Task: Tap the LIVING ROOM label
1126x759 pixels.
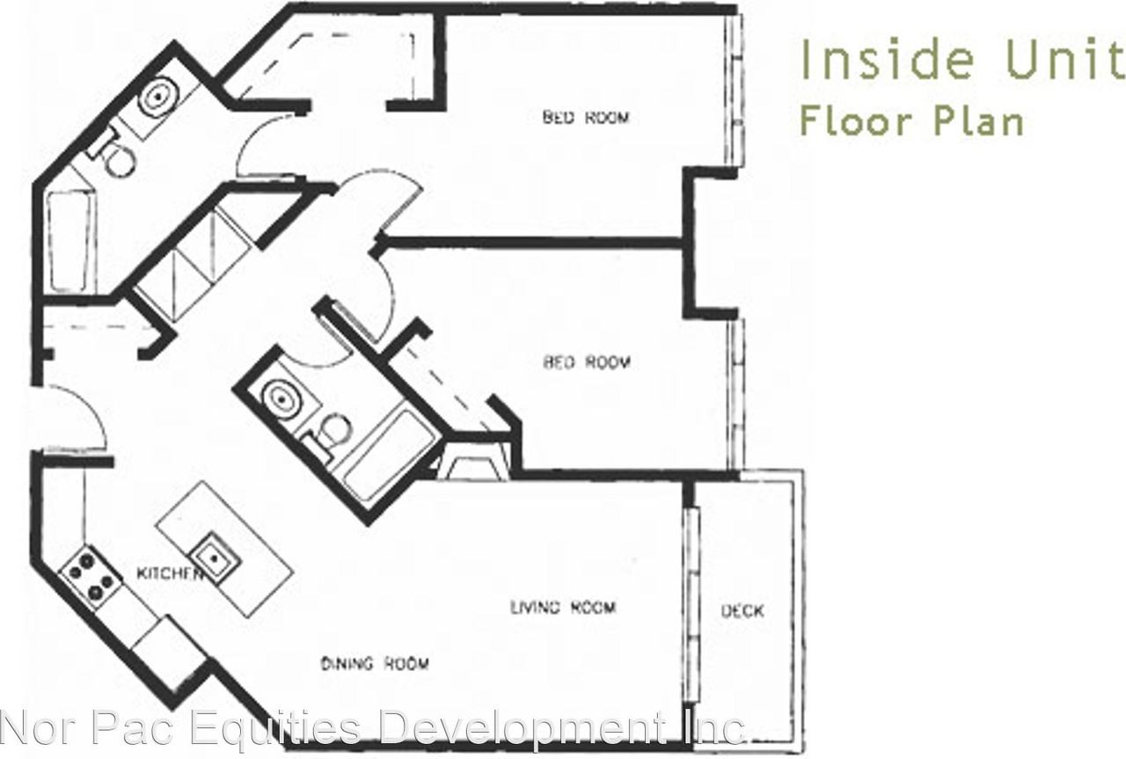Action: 563,607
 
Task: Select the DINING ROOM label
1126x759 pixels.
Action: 375,663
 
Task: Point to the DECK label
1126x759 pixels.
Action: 742,610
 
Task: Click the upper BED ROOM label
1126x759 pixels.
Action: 586,117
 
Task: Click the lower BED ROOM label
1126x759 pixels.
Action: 587,361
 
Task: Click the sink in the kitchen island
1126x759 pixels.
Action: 212,555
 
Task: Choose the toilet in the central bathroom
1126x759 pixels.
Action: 332,431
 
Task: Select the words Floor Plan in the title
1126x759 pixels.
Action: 911,120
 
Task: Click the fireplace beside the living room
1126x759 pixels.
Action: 476,463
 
